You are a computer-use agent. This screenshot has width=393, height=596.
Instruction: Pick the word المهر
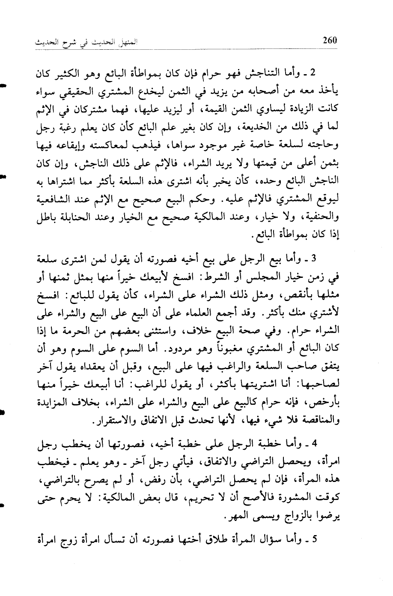click(250, 517)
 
